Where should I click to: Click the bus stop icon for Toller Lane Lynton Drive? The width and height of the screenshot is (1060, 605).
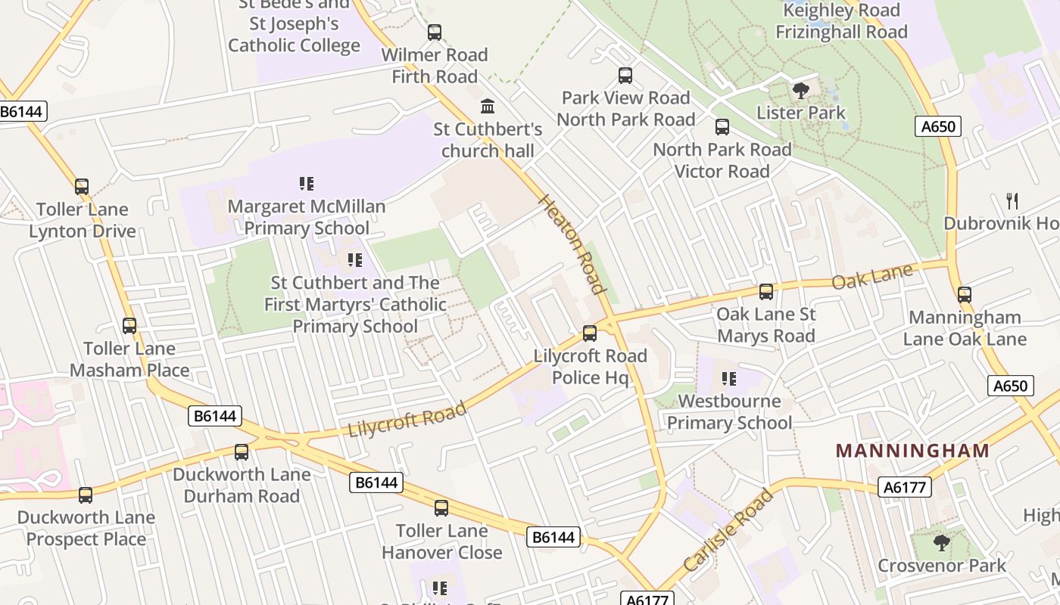(81, 187)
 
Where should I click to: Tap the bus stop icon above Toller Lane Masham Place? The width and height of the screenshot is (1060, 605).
(129, 326)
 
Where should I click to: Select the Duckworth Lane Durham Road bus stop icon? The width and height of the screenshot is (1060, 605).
(242, 452)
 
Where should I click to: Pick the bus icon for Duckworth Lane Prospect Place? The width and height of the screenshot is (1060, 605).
(86, 495)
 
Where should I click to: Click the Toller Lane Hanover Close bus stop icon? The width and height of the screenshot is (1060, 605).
(441, 508)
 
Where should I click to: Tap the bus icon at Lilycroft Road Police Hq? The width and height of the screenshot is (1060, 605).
(589, 334)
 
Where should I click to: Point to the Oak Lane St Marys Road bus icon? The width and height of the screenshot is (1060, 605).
(766, 292)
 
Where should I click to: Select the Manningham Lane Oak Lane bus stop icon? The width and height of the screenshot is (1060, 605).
(964, 295)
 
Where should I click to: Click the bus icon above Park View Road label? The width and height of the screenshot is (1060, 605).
(625, 76)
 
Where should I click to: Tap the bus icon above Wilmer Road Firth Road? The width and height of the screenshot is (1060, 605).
(435, 33)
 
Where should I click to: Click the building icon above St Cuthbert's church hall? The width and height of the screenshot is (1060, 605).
(488, 106)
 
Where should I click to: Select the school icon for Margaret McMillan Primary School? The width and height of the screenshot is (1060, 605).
(307, 183)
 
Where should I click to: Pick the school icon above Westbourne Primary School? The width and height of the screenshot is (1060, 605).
(729, 378)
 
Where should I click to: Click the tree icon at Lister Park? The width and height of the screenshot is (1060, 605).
(800, 91)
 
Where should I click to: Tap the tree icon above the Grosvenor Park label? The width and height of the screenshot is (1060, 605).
(941, 542)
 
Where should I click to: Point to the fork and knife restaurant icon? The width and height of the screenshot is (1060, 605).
(1012, 200)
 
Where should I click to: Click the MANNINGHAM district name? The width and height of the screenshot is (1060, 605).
(912, 451)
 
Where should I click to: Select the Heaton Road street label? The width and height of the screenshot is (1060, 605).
(572, 244)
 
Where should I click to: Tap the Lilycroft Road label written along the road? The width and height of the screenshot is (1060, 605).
(407, 420)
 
